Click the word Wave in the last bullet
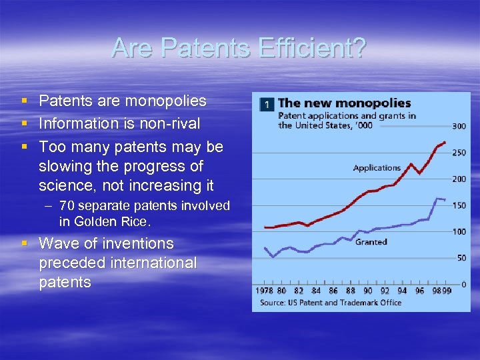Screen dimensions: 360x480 (x=58, y=244)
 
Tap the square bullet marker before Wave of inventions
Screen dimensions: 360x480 (x=25, y=244)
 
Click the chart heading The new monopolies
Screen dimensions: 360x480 (x=344, y=103)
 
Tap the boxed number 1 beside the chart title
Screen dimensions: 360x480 (x=267, y=105)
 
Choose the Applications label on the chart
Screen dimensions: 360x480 (x=377, y=168)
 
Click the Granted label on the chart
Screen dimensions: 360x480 (x=371, y=242)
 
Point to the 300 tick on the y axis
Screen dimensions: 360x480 (x=459, y=126)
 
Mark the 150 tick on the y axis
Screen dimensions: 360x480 (x=459, y=205)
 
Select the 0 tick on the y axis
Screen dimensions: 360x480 (x=463, y=285)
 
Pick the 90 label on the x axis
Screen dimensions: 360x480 (x=367, y=291)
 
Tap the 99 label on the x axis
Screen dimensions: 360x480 (x=447, y=291)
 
